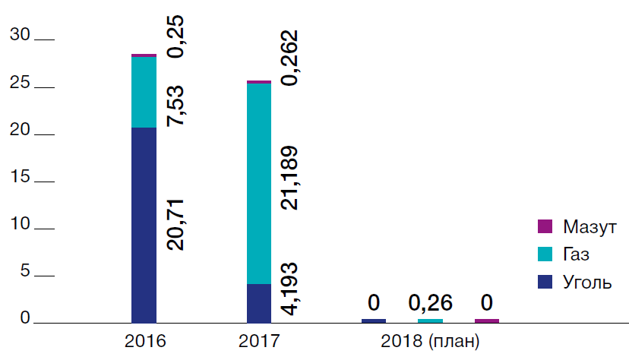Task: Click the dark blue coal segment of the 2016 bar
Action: click(144, 225)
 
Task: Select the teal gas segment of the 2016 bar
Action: click(144, 92)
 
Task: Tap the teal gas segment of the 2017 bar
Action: click(259, 183)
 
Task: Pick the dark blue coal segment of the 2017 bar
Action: click(259, 303)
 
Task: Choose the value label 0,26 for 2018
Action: click(431, 303)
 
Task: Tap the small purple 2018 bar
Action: click(487, 321)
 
